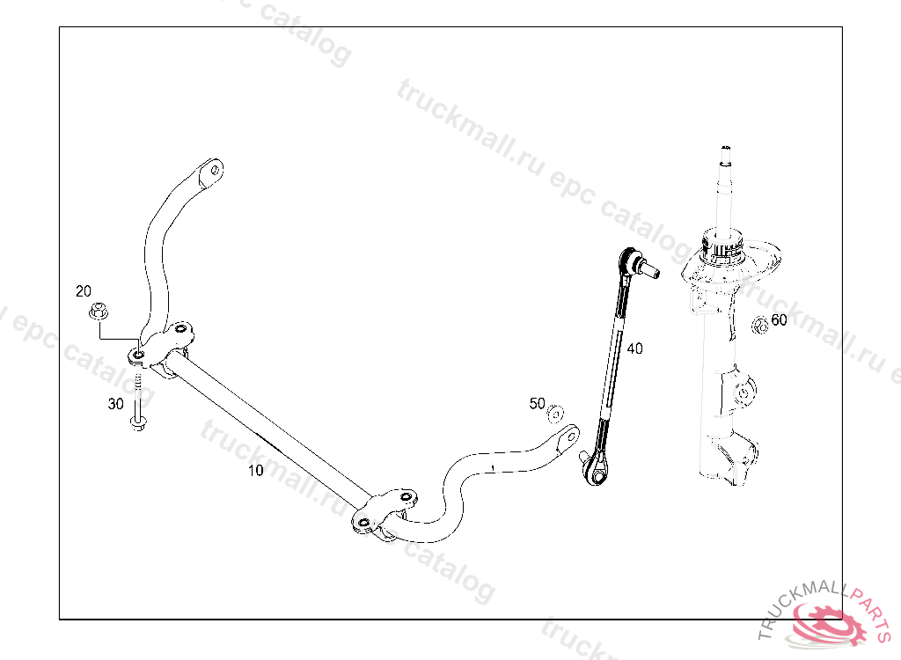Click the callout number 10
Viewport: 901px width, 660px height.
click(x=255, y=471)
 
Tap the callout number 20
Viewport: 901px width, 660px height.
click(x=84, y=291)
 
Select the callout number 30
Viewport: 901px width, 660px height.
click(x=115, y=404)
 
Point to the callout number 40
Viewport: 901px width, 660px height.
click(x=634, y=348)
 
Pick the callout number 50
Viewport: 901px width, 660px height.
click(x=537, y=404)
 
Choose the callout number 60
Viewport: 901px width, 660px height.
click(x=779, y=320)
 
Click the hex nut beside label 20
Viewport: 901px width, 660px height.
click(x=98, y=311)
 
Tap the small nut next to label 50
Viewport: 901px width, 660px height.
click(x=555, y=413)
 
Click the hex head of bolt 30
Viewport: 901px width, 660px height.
click(x=138, y=424)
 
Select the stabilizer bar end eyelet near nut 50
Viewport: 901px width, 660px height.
click(x=568, y=435)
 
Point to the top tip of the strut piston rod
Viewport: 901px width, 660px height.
click(x=725, y=150)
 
